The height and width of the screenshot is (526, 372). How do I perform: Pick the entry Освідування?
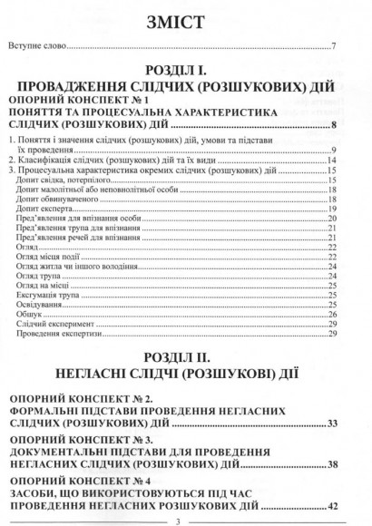tap(40, 304)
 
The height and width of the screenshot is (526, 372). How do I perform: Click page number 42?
tap(332, 505)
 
